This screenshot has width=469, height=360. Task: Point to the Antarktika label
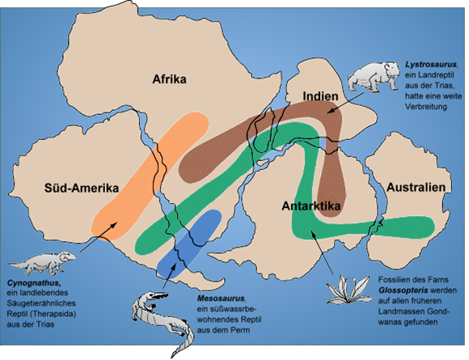tap(311, 206)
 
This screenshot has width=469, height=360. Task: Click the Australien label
tap(417, 187)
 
